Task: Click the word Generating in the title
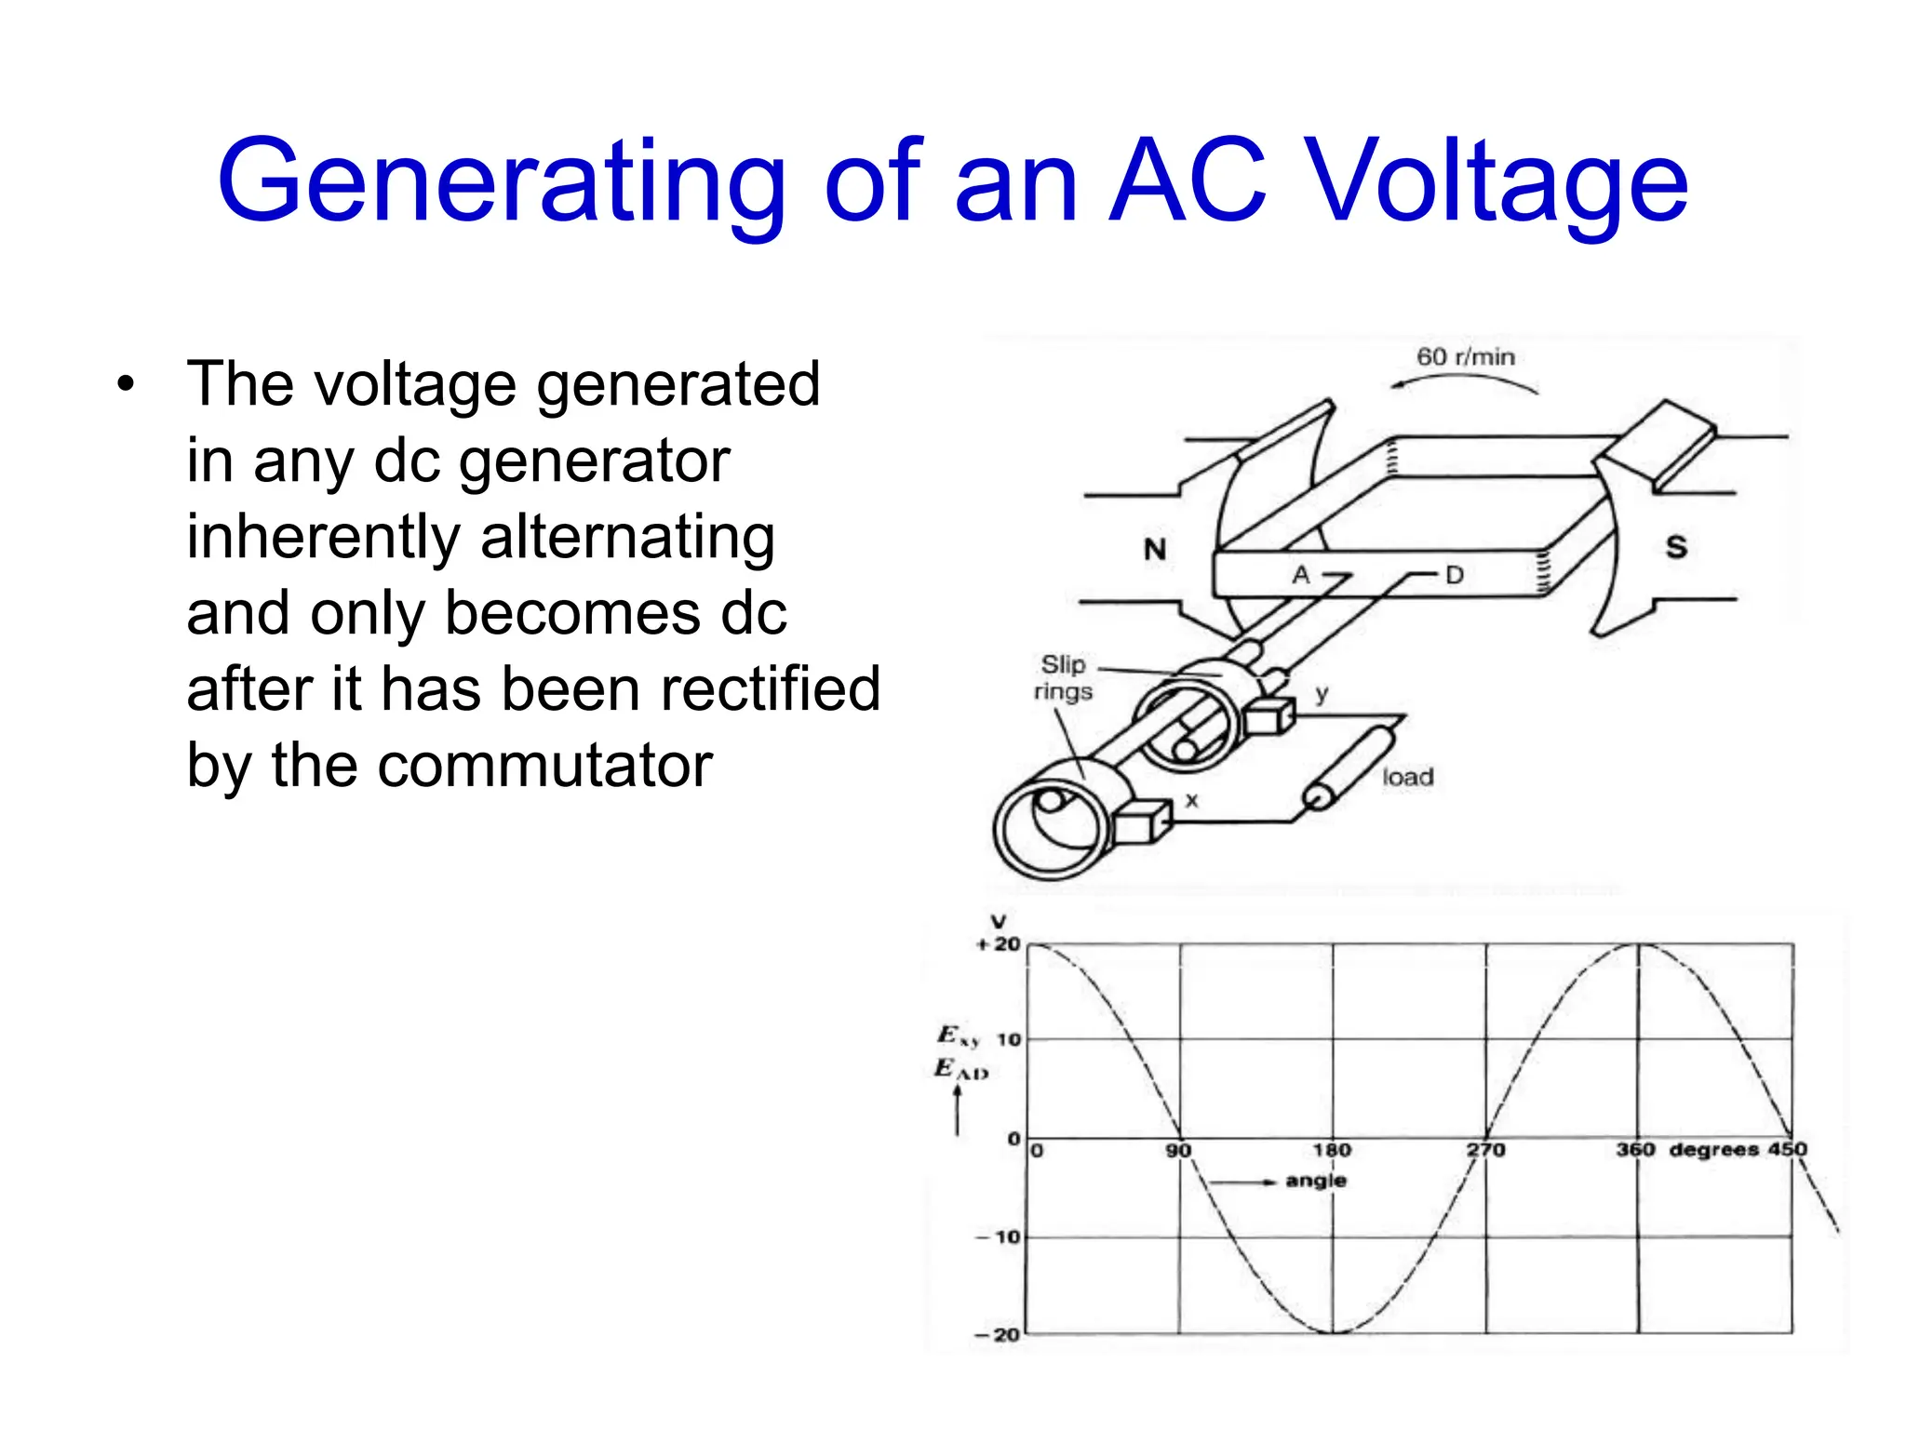coord(503,181)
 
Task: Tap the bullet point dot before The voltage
coord(126,383)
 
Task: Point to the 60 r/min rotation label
coord(1465,357)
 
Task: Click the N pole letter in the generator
coord(1155,550)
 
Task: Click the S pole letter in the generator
coord(1675,547)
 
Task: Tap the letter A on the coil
coord(1300,575)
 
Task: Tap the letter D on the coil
coord(1455,575)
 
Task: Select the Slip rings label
coord(1063,678)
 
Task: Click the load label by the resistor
coord(1407,777)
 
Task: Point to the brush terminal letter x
coord(1192,800)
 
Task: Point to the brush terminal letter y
coord(1322,693)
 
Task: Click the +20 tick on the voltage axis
coord(1000,944)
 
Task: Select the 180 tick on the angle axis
coord(1332,1150)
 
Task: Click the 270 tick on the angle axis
coord(1486,1150)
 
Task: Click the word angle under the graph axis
coord(1316,1181)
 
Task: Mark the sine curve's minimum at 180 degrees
coord(1333,1332)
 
